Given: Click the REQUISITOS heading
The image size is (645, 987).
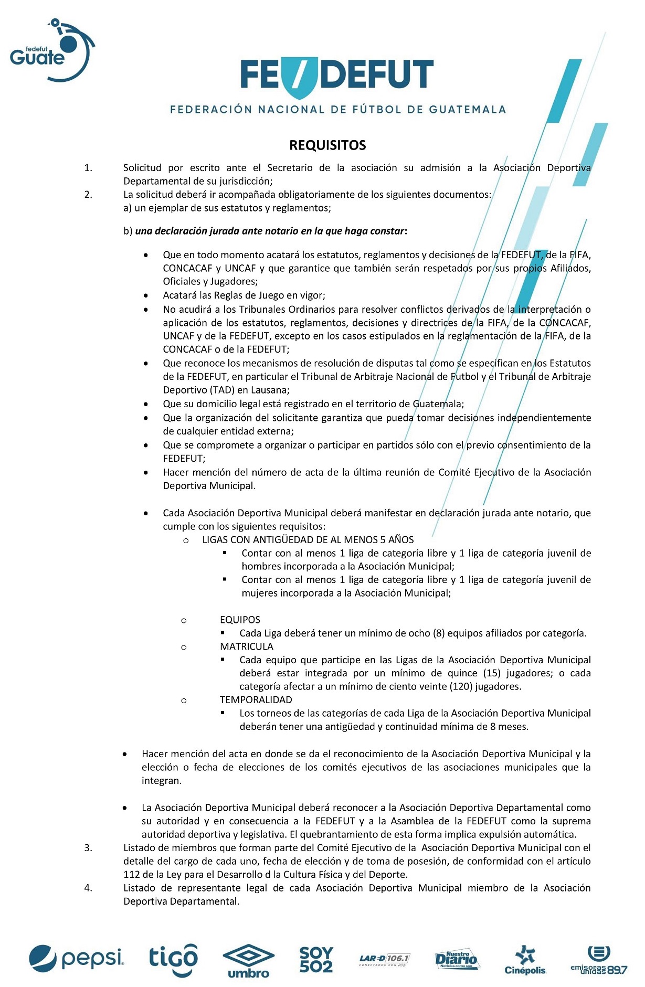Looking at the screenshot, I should (327, 145).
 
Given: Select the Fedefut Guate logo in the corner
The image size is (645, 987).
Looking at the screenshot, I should (51, 50).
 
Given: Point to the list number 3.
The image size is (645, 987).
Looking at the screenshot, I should (88, 848).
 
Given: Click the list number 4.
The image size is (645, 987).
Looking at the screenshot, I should (88, 888).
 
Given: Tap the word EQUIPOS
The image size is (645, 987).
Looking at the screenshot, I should (240, 620).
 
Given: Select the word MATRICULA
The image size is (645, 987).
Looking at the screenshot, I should (246, 646).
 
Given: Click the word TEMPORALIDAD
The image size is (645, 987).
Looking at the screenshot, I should (256, 699).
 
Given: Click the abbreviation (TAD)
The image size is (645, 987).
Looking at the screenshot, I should (222, 390).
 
